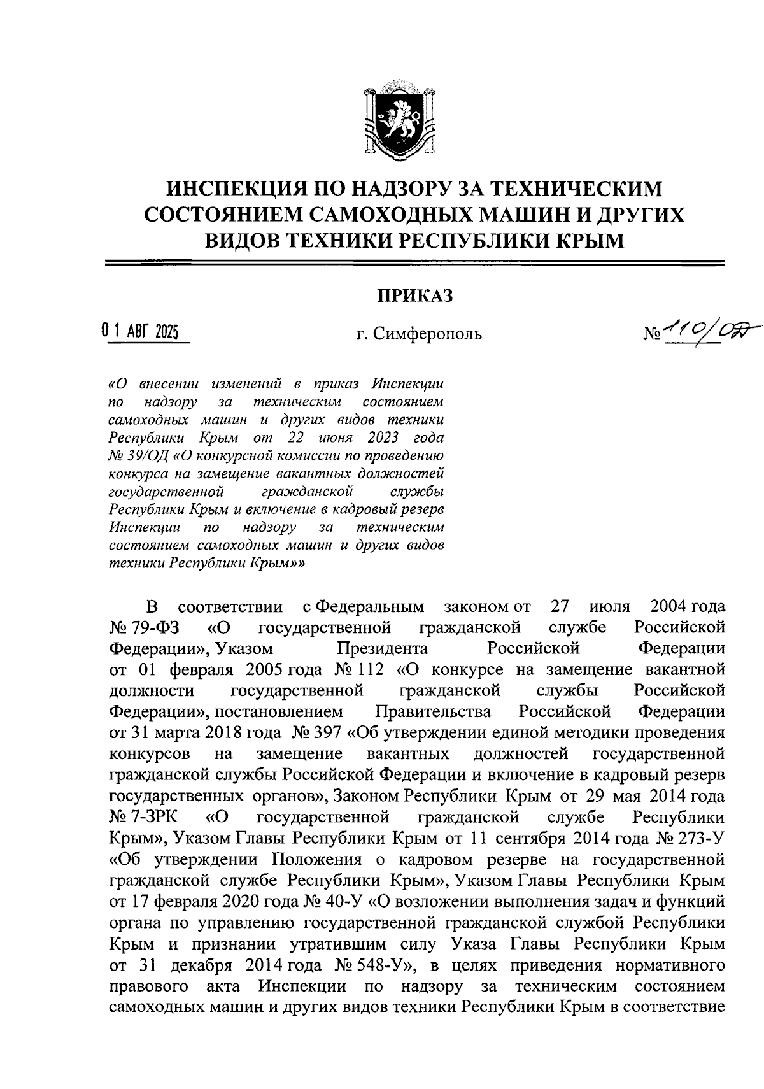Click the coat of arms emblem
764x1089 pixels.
pos(399,118)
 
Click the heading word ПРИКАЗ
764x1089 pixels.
pos(414,296)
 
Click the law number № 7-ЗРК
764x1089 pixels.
pos(143,817)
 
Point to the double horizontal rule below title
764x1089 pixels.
pos(414,263)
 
